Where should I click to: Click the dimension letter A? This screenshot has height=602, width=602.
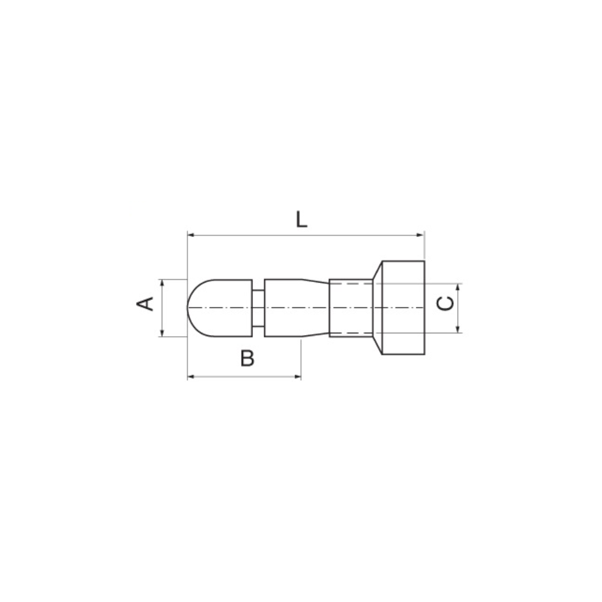point(145,304)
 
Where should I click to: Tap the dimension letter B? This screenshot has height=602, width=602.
point(247,358)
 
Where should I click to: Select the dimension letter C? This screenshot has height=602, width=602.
point(445,304)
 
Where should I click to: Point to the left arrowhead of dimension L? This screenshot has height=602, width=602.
point(191,235)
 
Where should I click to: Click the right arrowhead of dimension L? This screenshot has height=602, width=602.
point(421,235)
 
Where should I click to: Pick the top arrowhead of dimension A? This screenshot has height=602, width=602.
point(162,283)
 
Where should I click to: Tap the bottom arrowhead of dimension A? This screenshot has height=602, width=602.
point(162,333)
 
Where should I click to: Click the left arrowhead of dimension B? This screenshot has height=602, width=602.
point(191,377)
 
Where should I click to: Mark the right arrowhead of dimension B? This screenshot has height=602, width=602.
point(298,377)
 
